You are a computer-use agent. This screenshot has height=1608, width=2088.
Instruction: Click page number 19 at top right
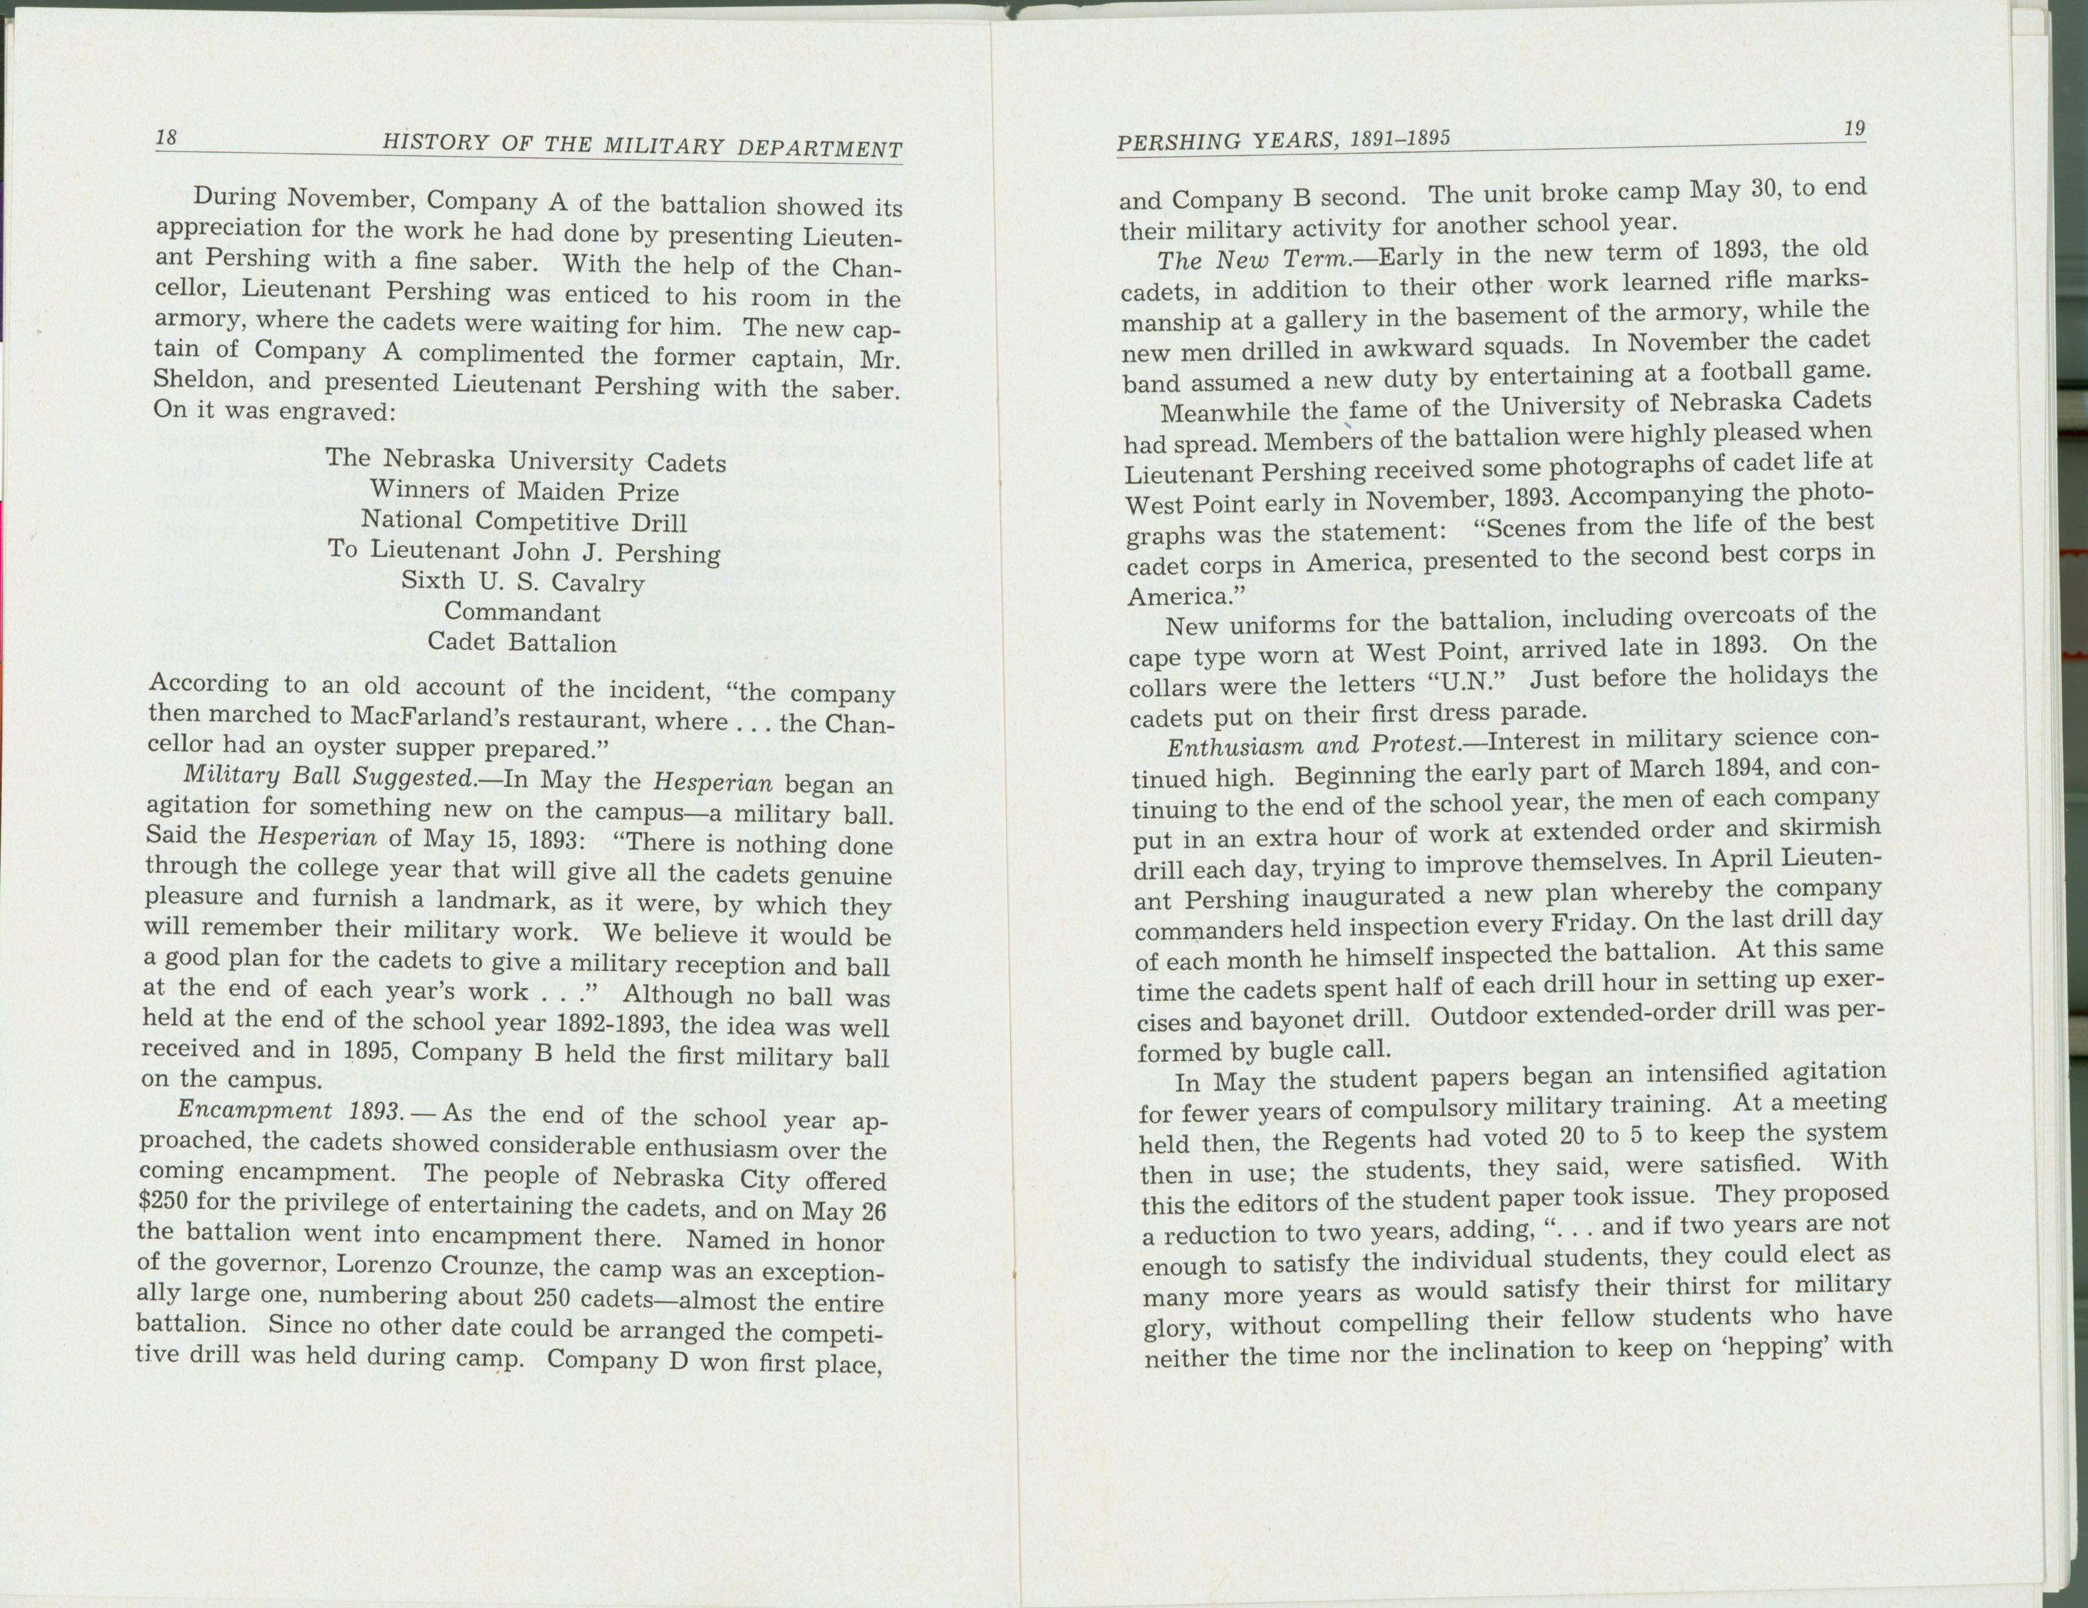(1854, 129)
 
